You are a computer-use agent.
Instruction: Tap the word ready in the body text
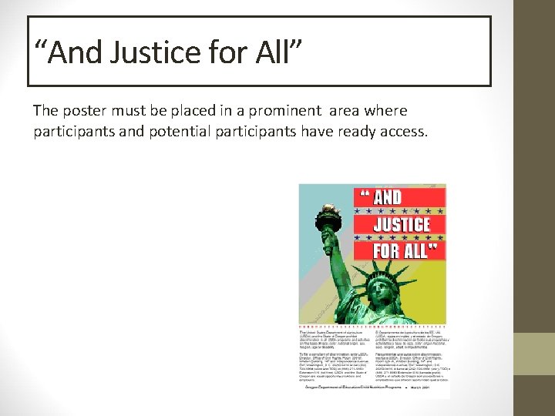click(354, 132)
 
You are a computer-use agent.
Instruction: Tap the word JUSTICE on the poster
click(401, 224)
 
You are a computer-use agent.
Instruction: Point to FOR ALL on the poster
click(403, 250)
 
